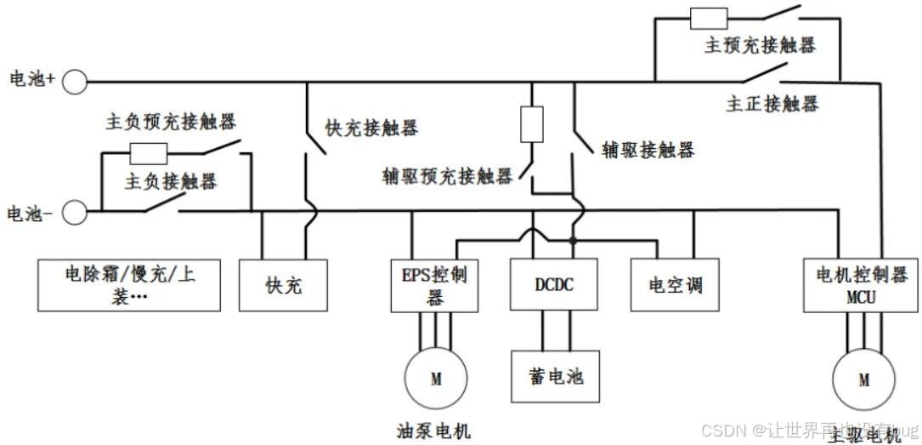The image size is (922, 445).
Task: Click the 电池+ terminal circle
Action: (75, 82)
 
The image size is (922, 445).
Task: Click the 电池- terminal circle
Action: (75, 212)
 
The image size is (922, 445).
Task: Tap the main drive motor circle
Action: (863, 379)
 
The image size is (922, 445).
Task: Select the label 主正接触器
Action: (772, 104)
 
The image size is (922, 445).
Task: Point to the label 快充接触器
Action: (372, 128)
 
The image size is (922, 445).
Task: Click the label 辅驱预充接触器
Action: (448, 176)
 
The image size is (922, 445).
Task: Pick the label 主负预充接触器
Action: (170, 120)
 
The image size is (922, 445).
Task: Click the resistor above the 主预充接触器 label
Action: (708, 17)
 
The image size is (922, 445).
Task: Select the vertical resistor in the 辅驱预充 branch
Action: (531, 123)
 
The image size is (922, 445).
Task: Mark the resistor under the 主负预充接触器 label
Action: (149, 153)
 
